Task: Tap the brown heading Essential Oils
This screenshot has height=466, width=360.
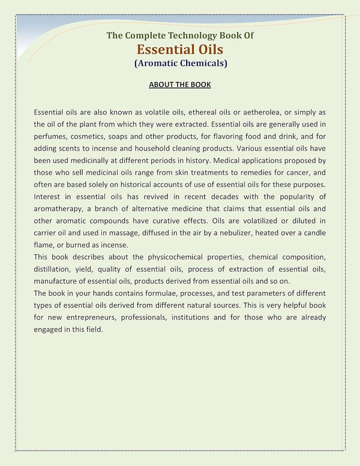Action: point(180,49)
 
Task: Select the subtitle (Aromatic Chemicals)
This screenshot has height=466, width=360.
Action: point(180,63)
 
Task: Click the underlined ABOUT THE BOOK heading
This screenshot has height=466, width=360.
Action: point(180,85)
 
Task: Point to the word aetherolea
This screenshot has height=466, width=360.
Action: point(265,112)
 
